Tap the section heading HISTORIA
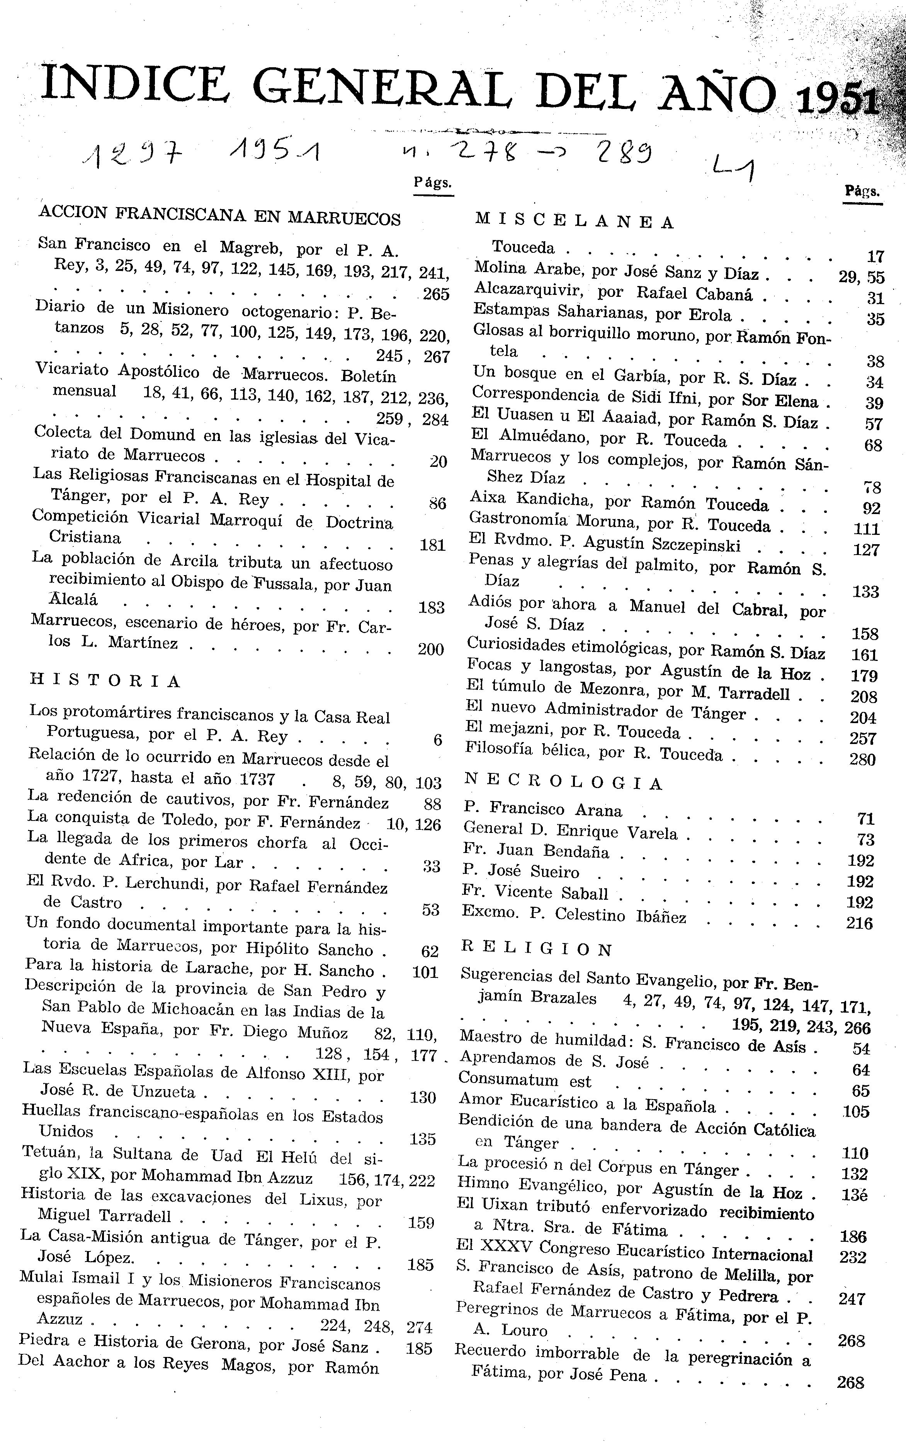click(105, 681)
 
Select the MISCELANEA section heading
click(574, 222)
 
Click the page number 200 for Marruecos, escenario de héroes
click(430, 649)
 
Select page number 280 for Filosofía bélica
click(862, 759)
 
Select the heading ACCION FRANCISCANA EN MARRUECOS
click(219, 216)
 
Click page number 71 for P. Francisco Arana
click(865, 819)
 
